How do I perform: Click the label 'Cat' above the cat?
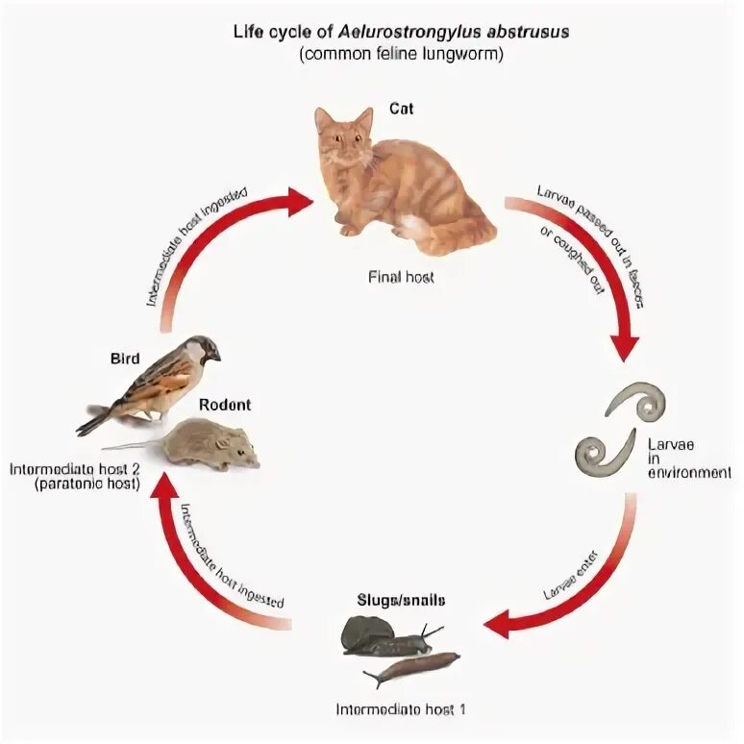click(x=402, y=109)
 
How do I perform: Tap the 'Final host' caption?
click(x=401, y=277)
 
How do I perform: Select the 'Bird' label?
click(x=126, y=360)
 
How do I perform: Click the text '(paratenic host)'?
click(x=87, y=485)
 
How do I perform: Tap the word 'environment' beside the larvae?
click(x=688, y=473)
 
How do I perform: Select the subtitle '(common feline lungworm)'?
click(x=401, y=53)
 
